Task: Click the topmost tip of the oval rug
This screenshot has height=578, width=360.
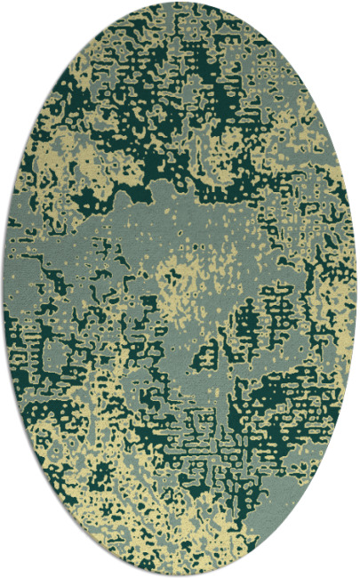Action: pyautogui.click(x=180, y=3)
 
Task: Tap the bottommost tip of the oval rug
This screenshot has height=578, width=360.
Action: pyautogui.click(x=180, y=575)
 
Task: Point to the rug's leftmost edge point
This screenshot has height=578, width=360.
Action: pyautogui.click(x=3, y=289)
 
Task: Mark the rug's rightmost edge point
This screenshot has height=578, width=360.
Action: pyautogui.click(x=357, y=289)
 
